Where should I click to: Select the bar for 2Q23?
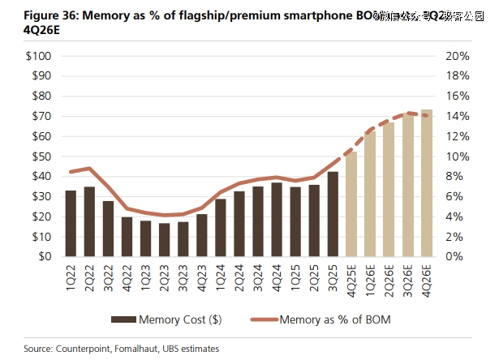tap(165, 240)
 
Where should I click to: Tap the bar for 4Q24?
tap(277, 220)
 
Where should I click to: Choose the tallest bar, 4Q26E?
tap(426, 183)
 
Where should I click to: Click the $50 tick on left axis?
tap(40, 156)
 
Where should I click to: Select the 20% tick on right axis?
tap(457, 56)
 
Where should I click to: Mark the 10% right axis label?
tap(457, 156)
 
